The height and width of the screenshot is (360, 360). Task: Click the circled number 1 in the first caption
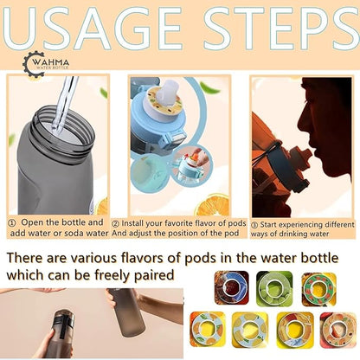[x=12, y=223]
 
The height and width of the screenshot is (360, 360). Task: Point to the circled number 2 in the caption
[x=116, y=224]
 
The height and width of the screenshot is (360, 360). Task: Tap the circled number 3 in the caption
[x=254, y=225]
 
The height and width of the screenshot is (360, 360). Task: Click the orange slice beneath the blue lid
[x=212, y=205]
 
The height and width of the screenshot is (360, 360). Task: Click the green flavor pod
[x=274, y=288]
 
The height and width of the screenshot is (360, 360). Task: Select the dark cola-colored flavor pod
[x=231, y=287]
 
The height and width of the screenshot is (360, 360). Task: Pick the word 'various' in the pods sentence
[x=93, y=258]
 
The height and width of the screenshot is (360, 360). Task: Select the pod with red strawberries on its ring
[x=319, y=289]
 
